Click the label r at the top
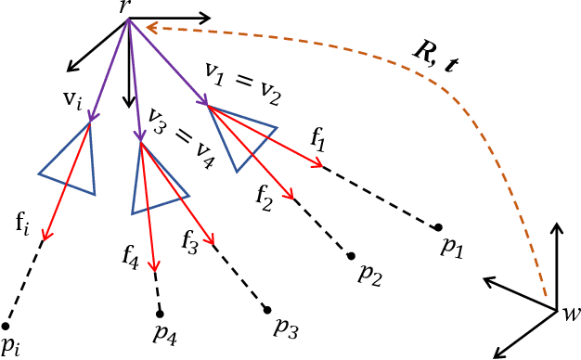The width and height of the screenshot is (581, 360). pos(124,7)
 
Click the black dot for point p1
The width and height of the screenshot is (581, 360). pos(438,226)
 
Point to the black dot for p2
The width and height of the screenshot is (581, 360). pos(351,255)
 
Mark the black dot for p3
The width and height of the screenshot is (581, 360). pos(267,309)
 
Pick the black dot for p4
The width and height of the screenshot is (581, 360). pos(160,313)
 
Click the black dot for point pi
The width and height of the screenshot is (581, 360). pos(6,326)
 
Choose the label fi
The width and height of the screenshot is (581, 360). pos(23,223)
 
